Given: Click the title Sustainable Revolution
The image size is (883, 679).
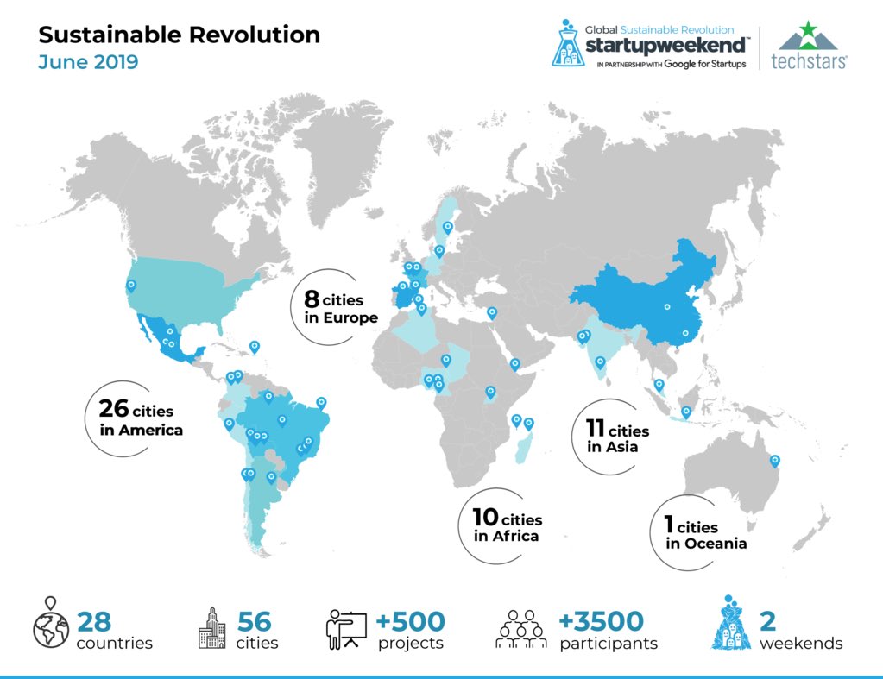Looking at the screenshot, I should tap(179, 35).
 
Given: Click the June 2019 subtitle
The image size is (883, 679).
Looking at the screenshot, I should tap(88, 63).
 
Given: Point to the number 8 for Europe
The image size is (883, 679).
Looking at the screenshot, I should tap(312, 300).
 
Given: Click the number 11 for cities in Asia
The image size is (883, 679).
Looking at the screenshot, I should tap(596, 428).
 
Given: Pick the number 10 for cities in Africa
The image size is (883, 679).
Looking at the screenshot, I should tap(485, 518).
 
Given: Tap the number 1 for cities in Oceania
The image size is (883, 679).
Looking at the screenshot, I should tap(669, 525).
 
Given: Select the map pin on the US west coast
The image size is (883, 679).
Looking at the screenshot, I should tap(131, 284).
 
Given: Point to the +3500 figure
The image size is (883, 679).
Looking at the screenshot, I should tap(601, 620).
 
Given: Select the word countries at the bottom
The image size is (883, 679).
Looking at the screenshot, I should tap(115, 644).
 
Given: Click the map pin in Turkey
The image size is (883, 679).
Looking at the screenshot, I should tap(492, 312).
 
